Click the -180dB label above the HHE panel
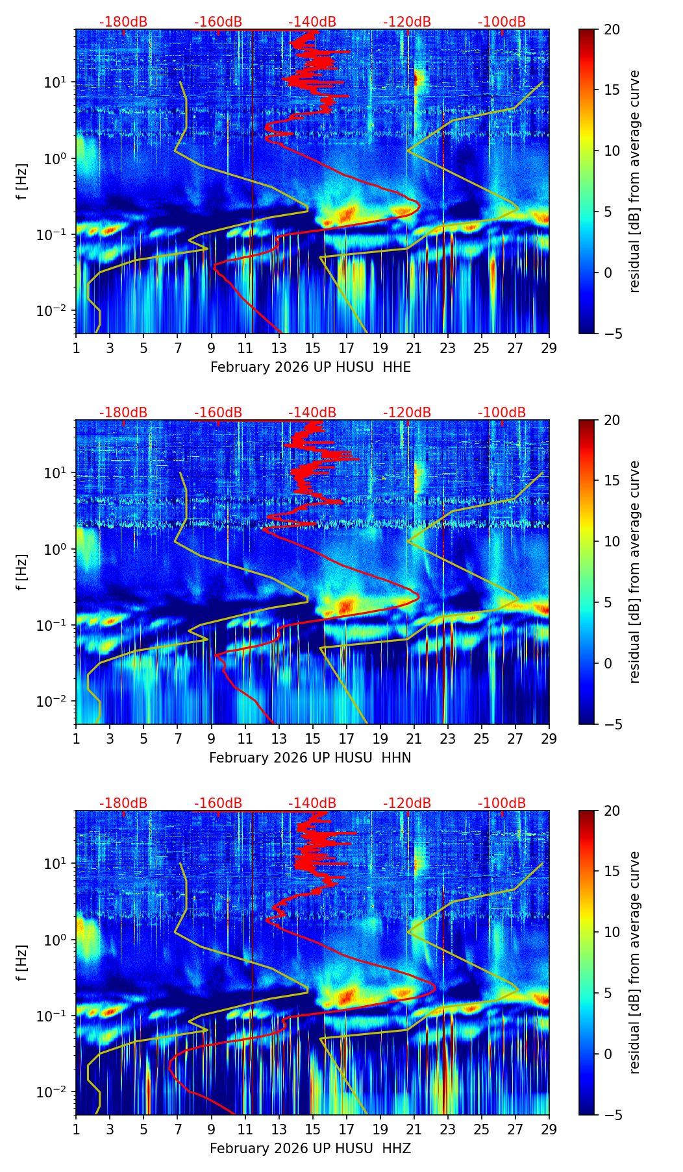pyautogui.click(x=123, y=22)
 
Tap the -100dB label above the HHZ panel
pyautogui.click(x=502, y=803)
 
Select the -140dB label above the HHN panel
pyautogui.click(x=312, y=413)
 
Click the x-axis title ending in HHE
pyautogui.click(x=310, y=367)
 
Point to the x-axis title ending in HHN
pyautogui.click(x=310, y=758)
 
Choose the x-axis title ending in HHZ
pyautogui.click(x=310, y=1149)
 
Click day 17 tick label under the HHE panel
pyautogui.click(x=347, y=348)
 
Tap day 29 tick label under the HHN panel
pyautogui.click(x=549, y=739)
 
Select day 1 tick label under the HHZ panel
pyautogui.click(x=76, y=1130)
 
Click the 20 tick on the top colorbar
pyautogui.click(x=612, y=30)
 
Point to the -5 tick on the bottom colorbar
pyautogui.click(x=612, y=1115)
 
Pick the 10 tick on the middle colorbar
pyautogui.click(x=612, y=541)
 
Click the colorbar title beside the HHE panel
pyautogui.click(x=634, y=181)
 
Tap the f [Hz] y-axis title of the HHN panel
pyautogui.click(x=22, y=572)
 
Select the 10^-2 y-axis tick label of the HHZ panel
pyautogui.click(x=55, y=1092)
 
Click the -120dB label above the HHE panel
pyautogui.click(x=407, y=22)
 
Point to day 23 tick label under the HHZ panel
pyautogui.click(x=448, y=1130)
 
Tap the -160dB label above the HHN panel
pyautogui.click(x=218, y=413)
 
